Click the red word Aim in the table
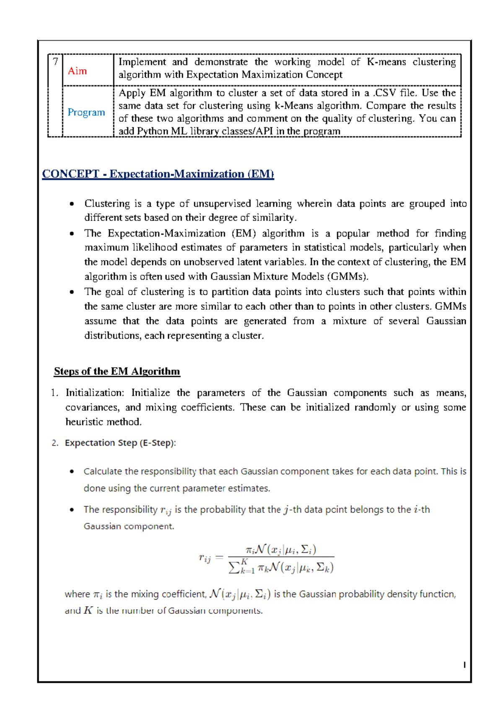tap(77, 71)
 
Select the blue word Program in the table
tap(86, 112)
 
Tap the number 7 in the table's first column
tap(55, 62)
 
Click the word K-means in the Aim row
tap(386, 62)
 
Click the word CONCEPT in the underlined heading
tap(70, 174)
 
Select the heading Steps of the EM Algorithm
tap(117, 371)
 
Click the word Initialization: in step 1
tap(95, 393)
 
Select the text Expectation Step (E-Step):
tap(120, 443)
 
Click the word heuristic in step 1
tap(82, 422)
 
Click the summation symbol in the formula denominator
tap(234, 568)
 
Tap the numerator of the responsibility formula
tap(281, 549)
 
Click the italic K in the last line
tap(88, 610)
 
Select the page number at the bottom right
tap(464, 665)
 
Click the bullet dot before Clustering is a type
tap(72, 204)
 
